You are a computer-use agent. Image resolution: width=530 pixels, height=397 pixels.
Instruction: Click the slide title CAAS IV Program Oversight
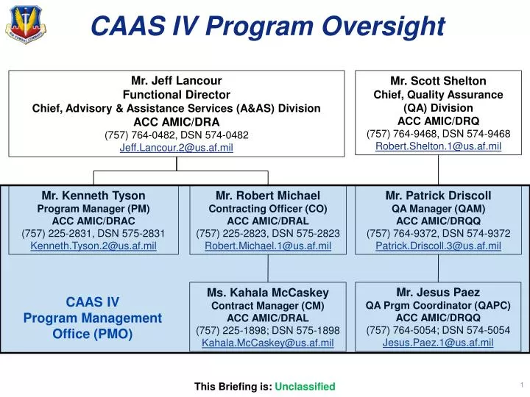coord(267,26)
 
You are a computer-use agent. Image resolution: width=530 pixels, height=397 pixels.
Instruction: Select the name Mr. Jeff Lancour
coord(176,81)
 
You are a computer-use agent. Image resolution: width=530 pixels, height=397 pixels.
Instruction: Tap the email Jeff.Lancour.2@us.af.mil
coord(176,148)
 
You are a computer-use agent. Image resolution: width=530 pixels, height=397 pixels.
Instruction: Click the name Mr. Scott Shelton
coord(438,81)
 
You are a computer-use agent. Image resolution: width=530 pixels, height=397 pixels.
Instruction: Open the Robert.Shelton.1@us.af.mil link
coord(438,146)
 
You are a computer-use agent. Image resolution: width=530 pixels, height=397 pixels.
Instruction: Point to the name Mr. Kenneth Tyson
coord(93,196)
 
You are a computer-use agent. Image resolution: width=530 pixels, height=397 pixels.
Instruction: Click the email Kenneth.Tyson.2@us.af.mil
coord(93,246)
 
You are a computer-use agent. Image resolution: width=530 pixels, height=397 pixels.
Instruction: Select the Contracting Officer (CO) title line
coord(267,208)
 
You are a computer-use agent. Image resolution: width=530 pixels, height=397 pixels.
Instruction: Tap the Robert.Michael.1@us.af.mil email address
coord(267,246)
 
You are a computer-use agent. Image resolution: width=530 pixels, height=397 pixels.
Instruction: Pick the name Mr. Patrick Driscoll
coord(438,196)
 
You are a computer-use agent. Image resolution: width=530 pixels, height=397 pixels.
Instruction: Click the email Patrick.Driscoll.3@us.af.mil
coord(438,246)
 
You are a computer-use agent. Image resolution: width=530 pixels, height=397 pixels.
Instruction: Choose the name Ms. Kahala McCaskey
coord(267,293)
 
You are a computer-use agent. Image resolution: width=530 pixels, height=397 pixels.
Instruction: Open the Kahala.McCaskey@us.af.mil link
coord(267,343)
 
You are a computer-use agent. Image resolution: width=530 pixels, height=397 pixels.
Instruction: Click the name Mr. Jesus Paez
coord(438,292)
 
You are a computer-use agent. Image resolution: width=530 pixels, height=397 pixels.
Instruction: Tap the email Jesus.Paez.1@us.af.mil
coord(438,342)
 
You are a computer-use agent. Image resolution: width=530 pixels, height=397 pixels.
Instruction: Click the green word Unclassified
coord(305,387)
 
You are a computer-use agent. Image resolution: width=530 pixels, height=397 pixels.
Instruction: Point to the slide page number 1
coord(520,385)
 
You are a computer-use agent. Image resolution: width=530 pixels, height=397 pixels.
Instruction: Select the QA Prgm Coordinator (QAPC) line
coord(438,304)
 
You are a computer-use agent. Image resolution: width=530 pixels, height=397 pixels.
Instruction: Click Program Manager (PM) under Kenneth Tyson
coord(93,208)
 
